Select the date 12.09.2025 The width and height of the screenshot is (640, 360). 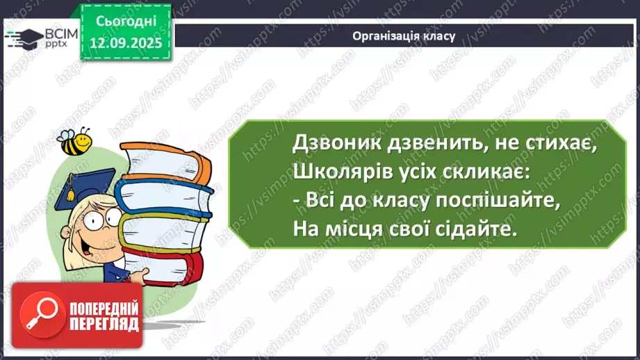[x=127, y=42]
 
